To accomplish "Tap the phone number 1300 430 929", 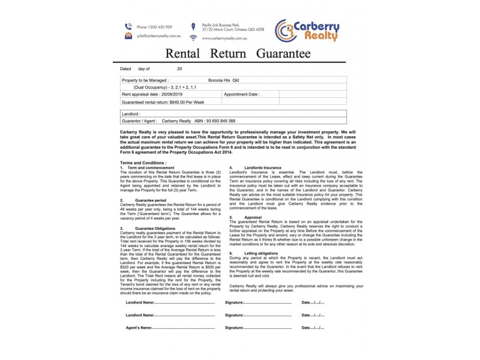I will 154,27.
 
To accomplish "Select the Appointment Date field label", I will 242,94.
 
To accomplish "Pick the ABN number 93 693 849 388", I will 214,121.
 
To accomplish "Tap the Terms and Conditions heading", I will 142,163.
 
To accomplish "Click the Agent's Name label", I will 140,328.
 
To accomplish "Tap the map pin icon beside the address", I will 193,26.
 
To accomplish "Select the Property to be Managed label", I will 145,79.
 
